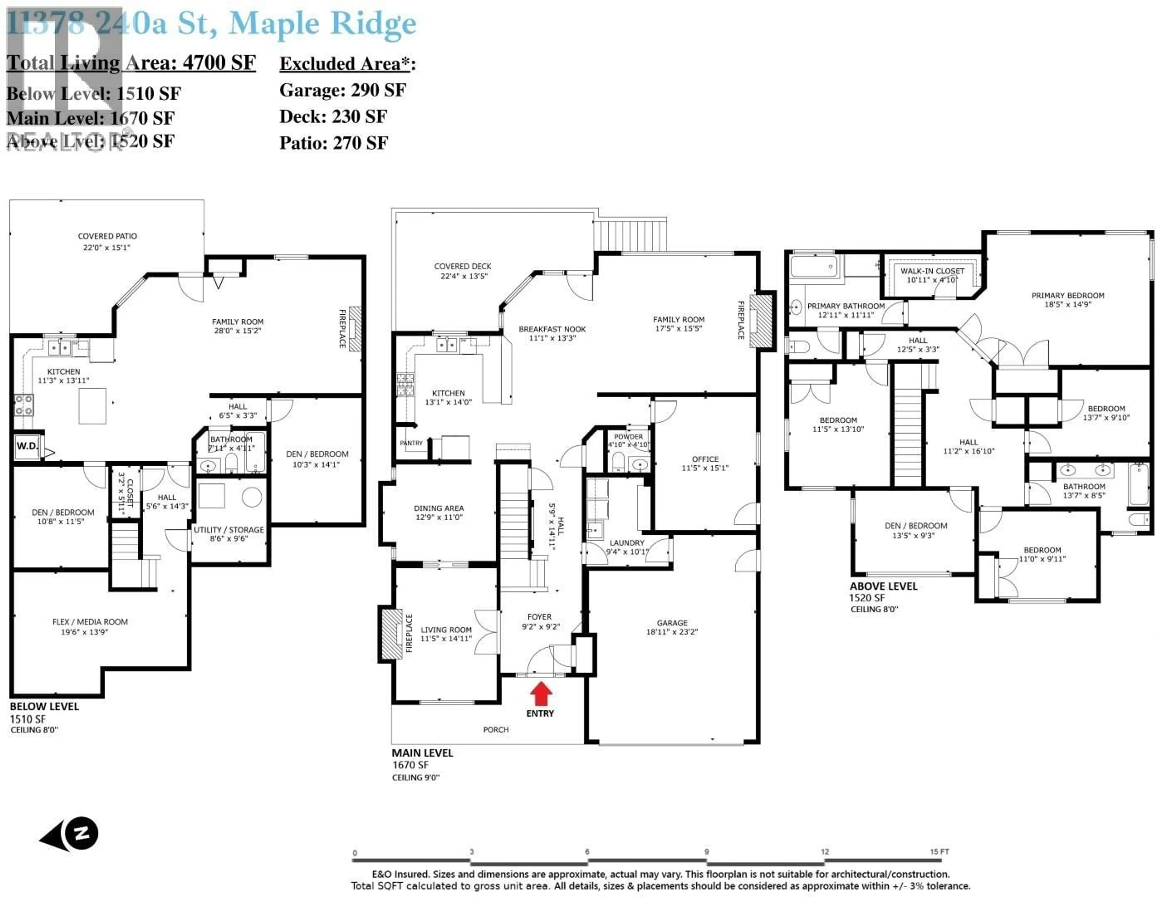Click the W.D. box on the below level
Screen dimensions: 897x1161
(x=27, y=446)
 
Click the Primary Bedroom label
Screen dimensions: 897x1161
(x=1068, y=296)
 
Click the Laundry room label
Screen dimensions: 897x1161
(x=627, y=543)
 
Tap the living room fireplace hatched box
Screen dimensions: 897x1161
(x=392, y=633)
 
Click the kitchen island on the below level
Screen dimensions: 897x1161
(x=93, y=405)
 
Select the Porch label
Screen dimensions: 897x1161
(x=496, y=730)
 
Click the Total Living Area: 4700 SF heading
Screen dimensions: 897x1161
(x=131, y=63)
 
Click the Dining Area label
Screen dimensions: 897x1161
(x=439, y=508)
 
